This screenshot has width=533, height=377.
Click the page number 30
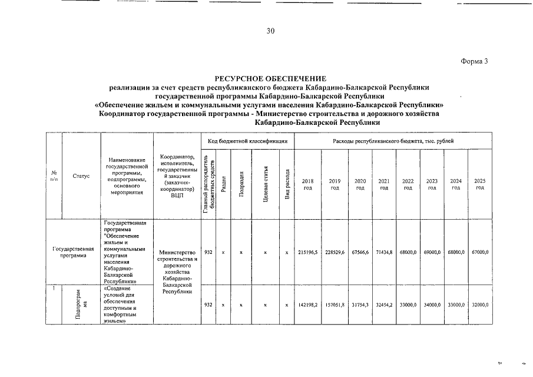coord(270,31)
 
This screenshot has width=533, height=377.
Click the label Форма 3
coord(474,61)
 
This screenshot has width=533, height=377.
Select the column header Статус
coord(81,176)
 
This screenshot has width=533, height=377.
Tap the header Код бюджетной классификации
coord(247,141)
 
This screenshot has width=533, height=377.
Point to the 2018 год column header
coord(307,184)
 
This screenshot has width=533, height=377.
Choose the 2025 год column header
coord(480,184)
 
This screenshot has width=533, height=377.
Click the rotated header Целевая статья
coord(266,184)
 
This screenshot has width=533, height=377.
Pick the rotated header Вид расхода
coord(287,184)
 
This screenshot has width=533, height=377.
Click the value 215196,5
coord(307,252)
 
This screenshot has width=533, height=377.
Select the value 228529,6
coord(335,252)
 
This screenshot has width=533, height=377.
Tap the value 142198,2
coord(307,305)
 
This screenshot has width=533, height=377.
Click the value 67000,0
coord(480,252)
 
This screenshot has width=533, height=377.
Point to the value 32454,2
coord(383,305)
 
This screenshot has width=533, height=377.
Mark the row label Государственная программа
coord(73,252)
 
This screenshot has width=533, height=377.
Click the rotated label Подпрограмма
coord(81,304)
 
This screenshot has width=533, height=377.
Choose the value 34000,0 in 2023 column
coord(432,305)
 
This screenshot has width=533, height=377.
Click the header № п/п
coord(54,176)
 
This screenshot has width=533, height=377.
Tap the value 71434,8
coord(383,252)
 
